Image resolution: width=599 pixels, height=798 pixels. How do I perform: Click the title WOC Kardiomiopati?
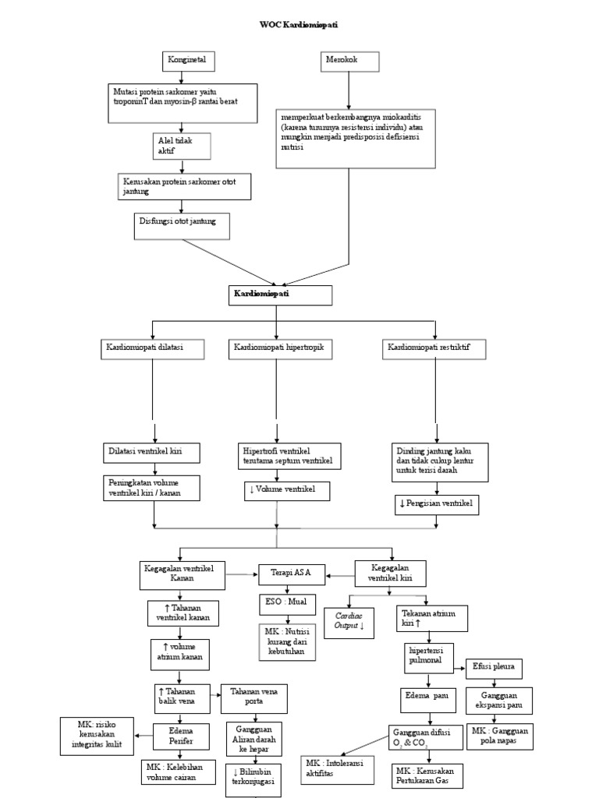pyautogui.click(x=299, y=25)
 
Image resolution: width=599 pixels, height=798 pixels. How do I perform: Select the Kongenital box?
pyautogui.click(x=189, y=61)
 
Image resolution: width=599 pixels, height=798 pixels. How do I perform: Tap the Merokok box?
pyautogui.click(x=351, y=61)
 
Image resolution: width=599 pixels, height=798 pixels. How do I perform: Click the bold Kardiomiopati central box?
pyautogui.click(x=281, y=295)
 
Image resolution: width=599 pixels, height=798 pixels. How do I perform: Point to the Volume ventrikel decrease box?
pyautogui.click(x=286, y=491)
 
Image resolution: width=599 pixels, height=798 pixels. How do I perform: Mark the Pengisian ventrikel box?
pyautogui.click(x=436, y=504)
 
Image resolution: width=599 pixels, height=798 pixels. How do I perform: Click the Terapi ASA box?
pyautogui.click(x=292, y=574)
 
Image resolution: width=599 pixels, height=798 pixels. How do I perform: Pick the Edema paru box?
pyautogui.click(x=430, y=695)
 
